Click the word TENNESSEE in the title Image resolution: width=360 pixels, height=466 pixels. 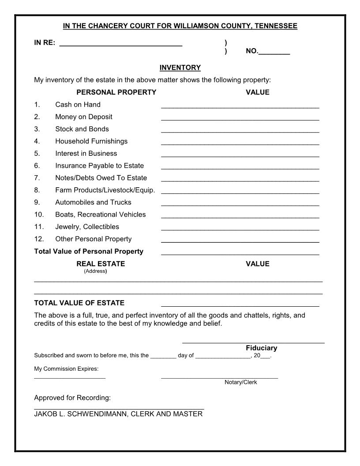click(x=275, y=26)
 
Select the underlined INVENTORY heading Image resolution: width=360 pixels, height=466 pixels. click(x=180, y=68)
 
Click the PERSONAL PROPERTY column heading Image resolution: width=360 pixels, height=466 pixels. click(x=116, y=92)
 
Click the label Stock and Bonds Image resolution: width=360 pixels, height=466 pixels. click(x=82, y=129)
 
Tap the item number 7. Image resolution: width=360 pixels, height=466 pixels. click(x=37, y=178)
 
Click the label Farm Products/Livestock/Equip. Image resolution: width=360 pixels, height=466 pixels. click(x=105, y=190)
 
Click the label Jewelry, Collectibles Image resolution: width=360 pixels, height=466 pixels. click(x=87, y=227)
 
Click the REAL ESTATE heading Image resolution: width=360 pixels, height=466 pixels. click(x=101, y=263)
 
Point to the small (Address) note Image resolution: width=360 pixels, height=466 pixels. click(x=95, y=271)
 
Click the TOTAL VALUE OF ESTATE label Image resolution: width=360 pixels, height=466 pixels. click(x=79, y=303)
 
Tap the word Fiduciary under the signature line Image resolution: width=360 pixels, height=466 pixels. click(x=261, y=348)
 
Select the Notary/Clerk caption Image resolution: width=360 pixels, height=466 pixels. click(x=240, y=382)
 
